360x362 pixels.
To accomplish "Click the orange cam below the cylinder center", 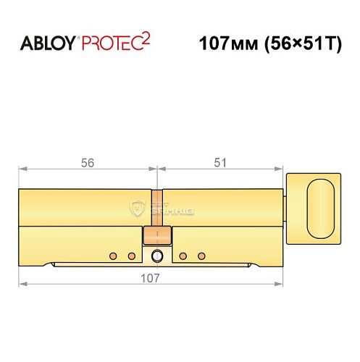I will (157, 236).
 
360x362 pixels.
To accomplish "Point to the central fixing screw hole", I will (157, 256).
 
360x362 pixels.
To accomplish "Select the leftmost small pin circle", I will (112, 256).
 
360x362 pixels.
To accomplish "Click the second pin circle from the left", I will (131, 256).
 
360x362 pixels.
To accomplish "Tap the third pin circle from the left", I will (183, 256).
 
